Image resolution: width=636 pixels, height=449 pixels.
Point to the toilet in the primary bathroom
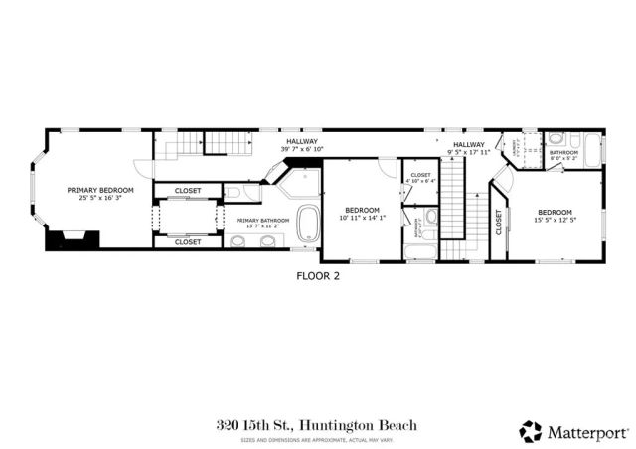coord(232,192)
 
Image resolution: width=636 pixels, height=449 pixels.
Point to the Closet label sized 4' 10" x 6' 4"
coord(420,181)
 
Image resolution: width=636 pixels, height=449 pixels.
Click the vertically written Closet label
coord(498,226)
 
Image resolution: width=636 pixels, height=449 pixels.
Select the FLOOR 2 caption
coord(318,276)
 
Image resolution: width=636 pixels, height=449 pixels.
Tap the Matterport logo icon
coord(531,431)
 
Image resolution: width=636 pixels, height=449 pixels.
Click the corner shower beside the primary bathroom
coord(299,183)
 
